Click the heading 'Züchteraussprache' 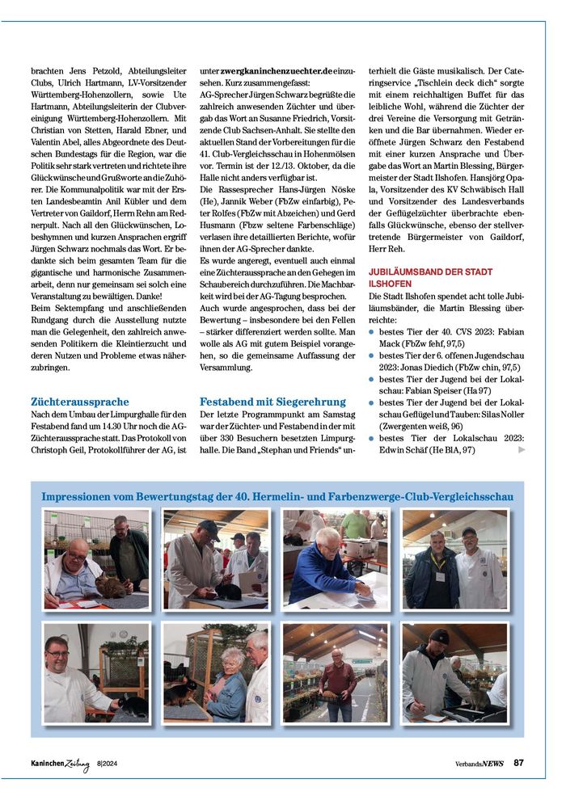click(80, 402)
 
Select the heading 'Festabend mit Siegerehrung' click(272, 402)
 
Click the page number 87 click(518, 762)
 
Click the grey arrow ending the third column click(522, 449)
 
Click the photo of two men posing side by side click(455, 558)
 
